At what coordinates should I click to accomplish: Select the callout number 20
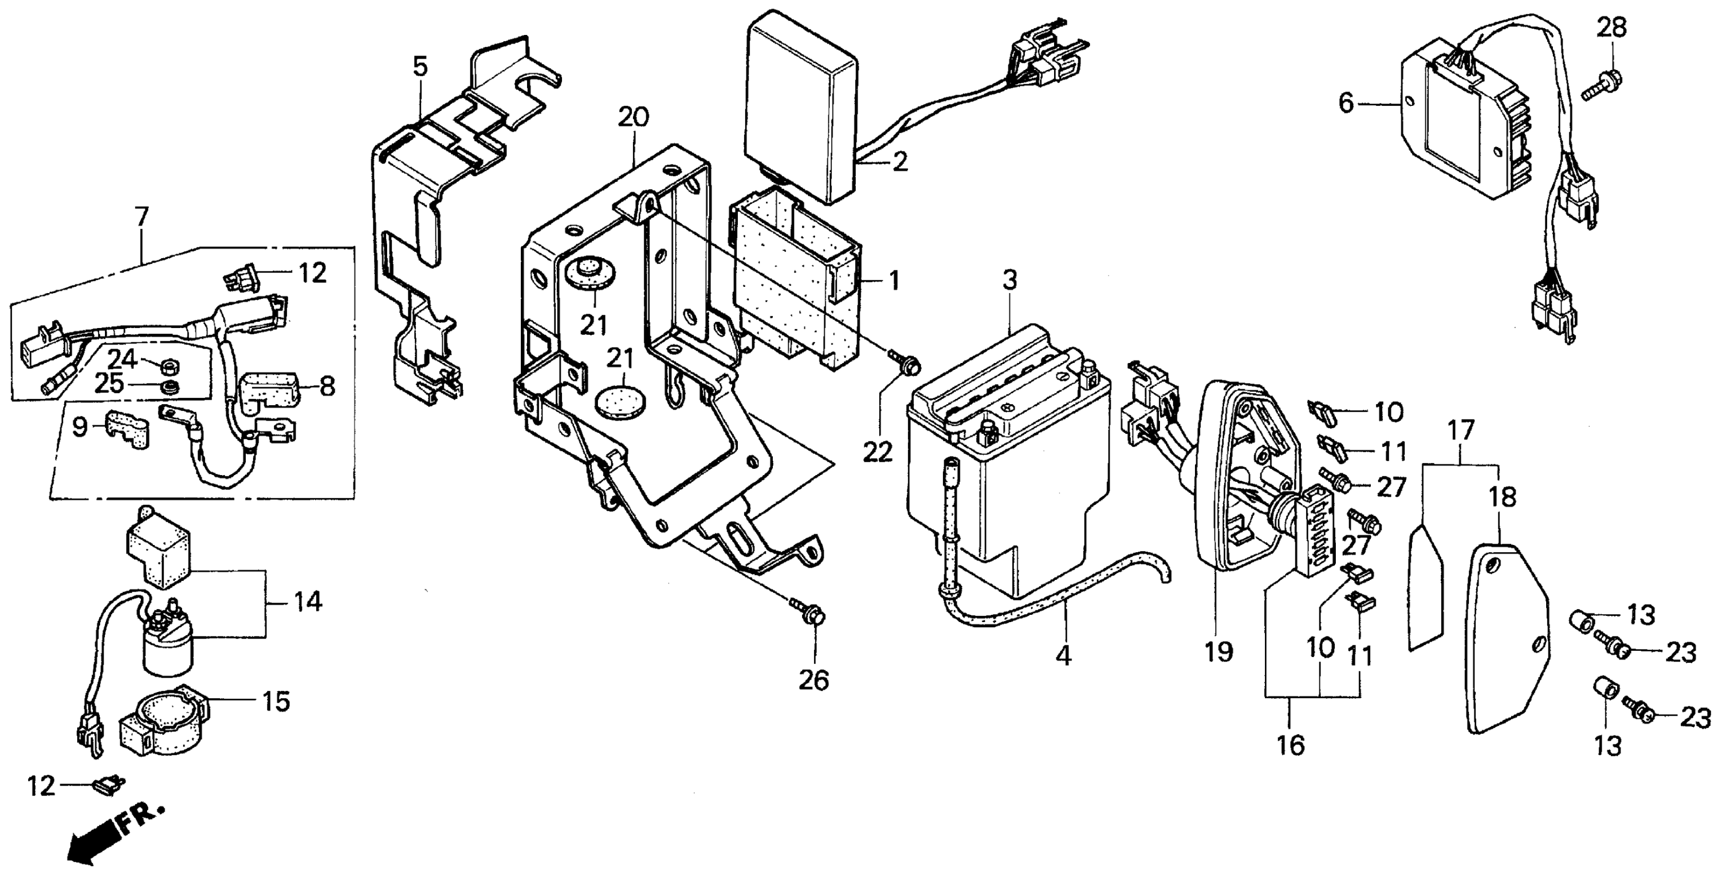tap(632, 118)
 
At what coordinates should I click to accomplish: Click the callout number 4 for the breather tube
tap(1063, 655)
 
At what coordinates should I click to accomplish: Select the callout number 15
tap(276, 702)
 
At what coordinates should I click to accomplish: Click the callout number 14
tap(308, 602)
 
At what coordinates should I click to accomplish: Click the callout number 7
tap(142, 217)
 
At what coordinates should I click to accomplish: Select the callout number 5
tap(420, 67)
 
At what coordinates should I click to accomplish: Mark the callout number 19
tap(1219, 651)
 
